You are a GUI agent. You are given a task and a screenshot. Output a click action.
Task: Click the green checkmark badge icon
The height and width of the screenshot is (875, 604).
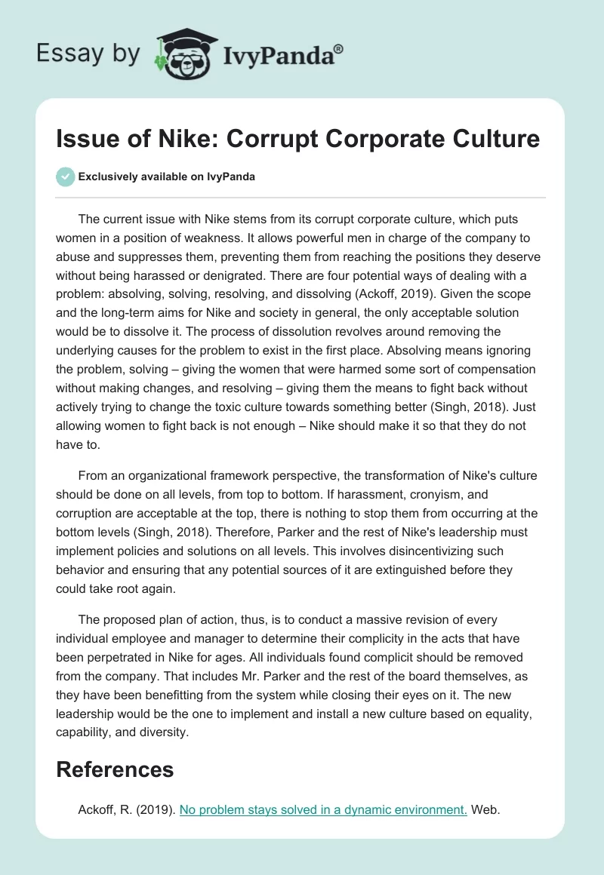coord(65,177)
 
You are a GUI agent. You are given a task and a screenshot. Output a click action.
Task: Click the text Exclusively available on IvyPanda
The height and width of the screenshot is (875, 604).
coord(167,177)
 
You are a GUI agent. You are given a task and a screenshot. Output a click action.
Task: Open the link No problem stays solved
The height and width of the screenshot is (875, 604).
coord(323,810)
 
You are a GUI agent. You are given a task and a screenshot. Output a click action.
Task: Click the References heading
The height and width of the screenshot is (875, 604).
coord(115,769)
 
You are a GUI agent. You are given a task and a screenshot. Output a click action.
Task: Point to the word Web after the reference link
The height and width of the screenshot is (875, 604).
coord(487,810)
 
